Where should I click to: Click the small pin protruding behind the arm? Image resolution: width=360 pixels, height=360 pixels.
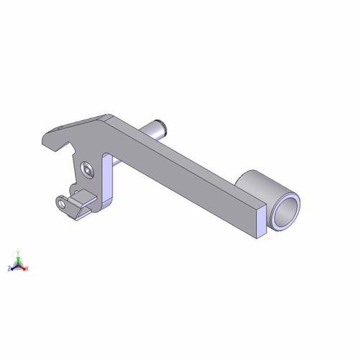pyautogui.click(x=156, y=129)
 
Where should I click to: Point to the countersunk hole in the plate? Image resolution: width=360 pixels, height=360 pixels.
pyautogui.click(x=88, y=169)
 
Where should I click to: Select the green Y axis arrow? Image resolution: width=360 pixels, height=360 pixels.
pyautogui.click(x=19, y=257)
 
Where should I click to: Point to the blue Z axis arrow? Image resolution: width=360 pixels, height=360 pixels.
pyautogui.click(x=14, y=266)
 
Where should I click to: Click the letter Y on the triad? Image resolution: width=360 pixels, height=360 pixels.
pyautogui.click(x=19, y=251)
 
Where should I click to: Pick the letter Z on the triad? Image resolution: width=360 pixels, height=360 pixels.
pyautogui.click(x=9, y=268)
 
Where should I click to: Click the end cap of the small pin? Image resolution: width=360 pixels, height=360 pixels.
pyautogui.click(x=168, y=129)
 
